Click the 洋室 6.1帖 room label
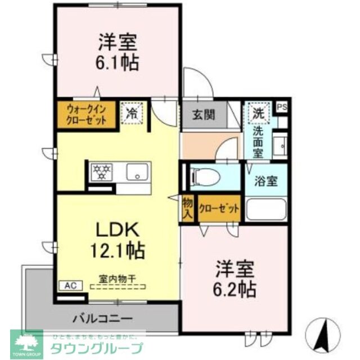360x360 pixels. (119, 51)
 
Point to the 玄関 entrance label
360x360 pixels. (203, 115)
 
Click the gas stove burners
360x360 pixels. (102, 172)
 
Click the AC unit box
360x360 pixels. (70, 286)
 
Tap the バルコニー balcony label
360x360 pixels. (103, 318)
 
